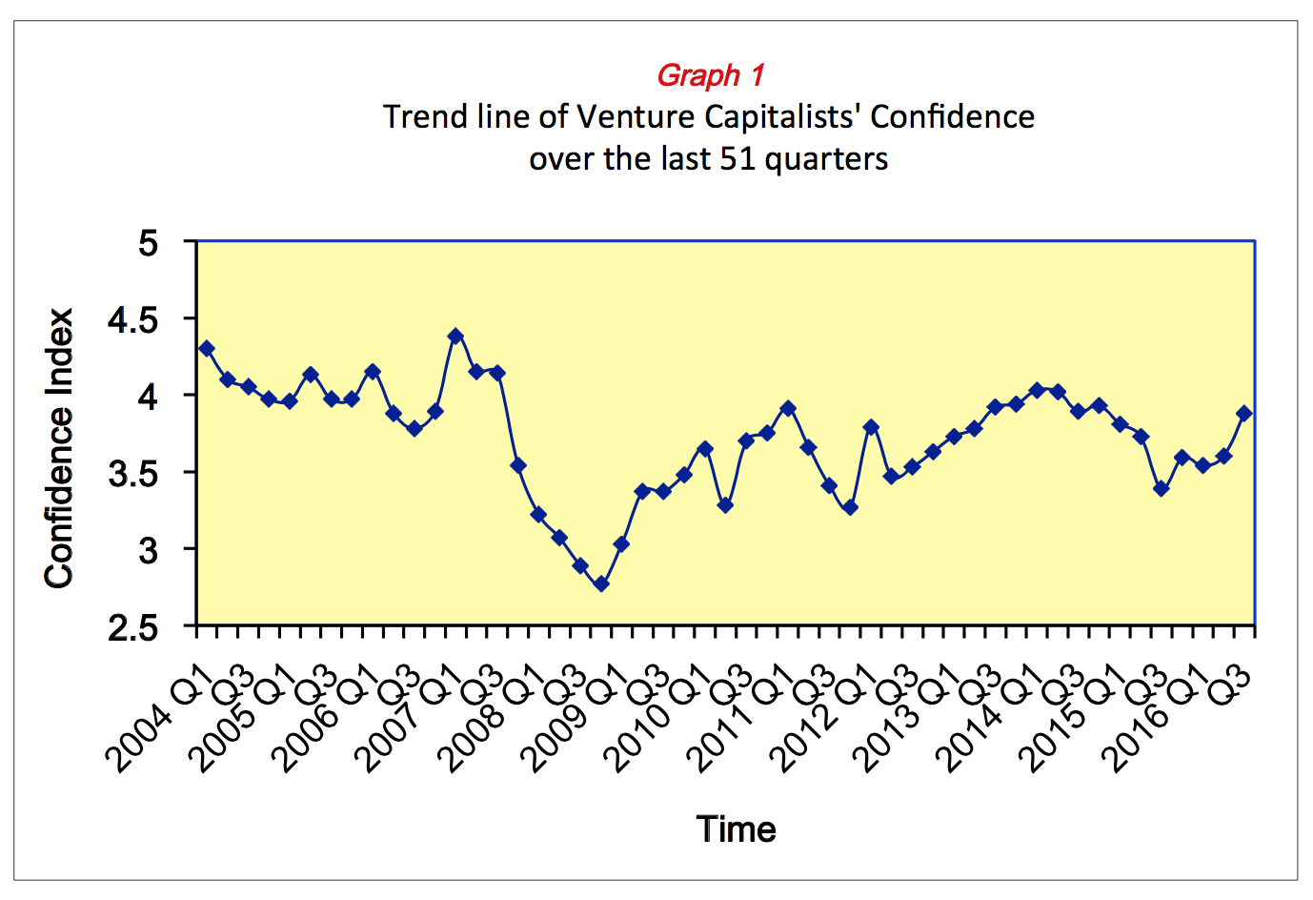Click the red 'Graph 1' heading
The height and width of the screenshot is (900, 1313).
pyautogui.click(x=710, y=74)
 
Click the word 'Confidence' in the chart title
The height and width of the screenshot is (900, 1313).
pyautogui.click(x=952, y=116)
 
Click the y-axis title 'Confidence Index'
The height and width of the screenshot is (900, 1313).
pyautogui.click(x=59, y=448)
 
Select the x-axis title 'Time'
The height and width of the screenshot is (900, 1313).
pyautogui.click(x=736, y=829)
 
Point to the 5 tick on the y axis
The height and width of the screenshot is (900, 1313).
pyautogui.click(x=148, y=242)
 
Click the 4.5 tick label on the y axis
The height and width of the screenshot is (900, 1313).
pyautogui.click(x=133, y=319)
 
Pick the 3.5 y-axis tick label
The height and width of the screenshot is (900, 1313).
pyautogui.click(x=133, y=474)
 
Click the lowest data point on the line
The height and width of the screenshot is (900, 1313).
pyautogui.click(x=600, y=584)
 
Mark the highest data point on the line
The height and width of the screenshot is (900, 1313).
pyautogui.click(x=455, y=336)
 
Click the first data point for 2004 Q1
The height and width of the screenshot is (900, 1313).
pyautogui.click(x=207, y=348)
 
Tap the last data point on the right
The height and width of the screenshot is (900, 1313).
pyautogui.click(x=1243, y=413)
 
